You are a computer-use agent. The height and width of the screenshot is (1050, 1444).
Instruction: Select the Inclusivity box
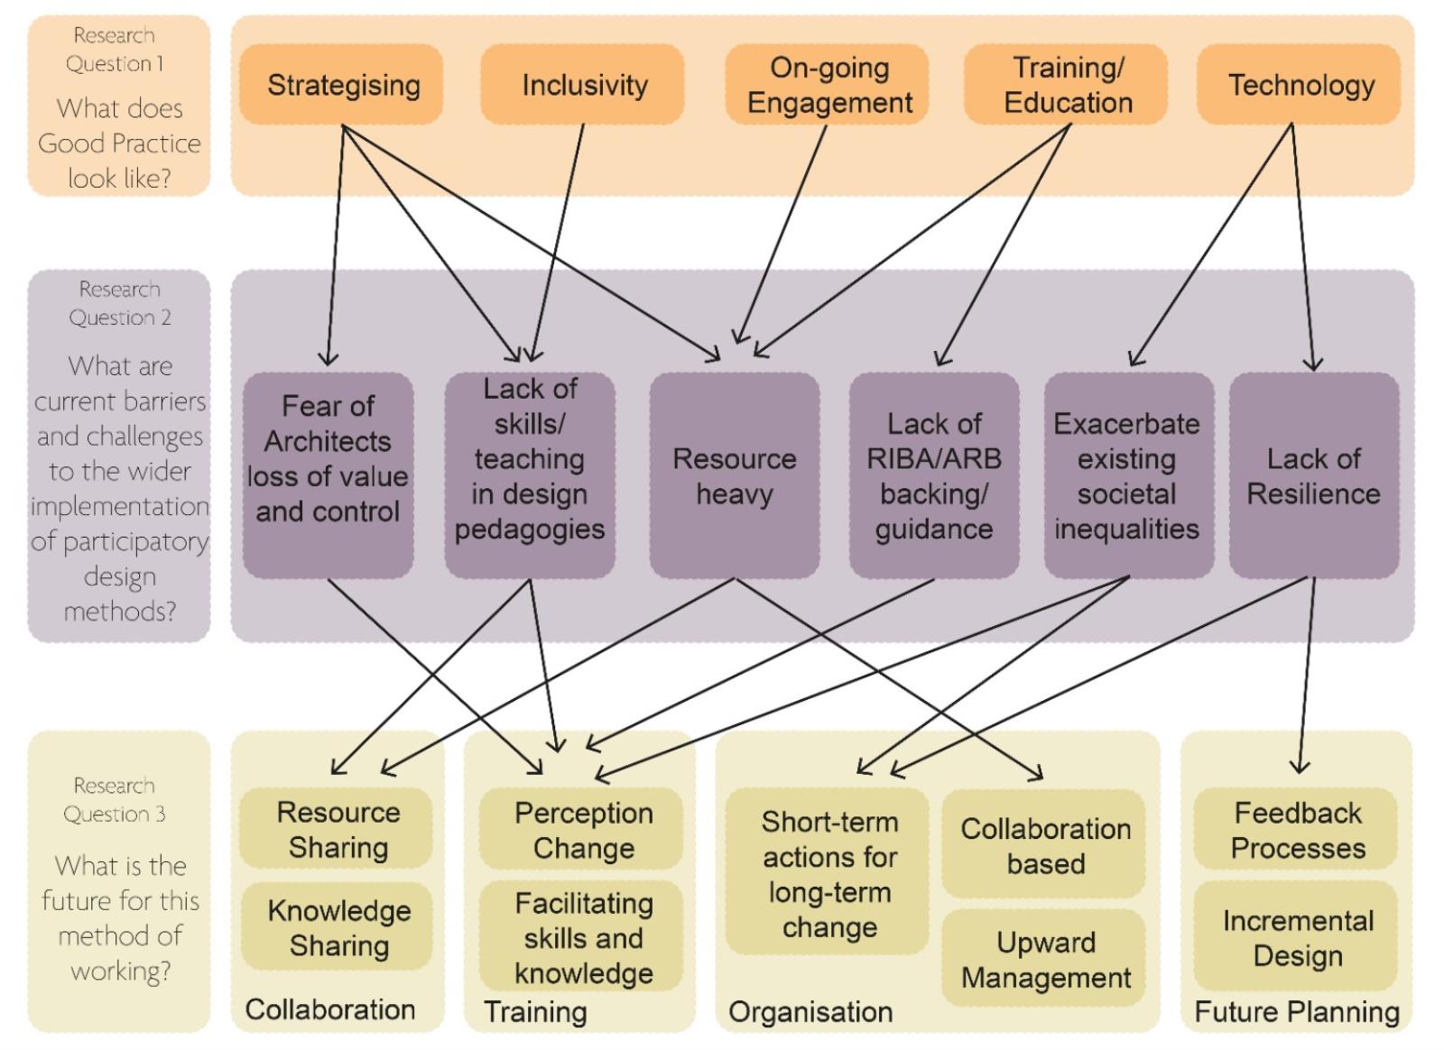[x=582, y=85]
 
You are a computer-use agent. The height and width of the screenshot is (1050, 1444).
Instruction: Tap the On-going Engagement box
[x=828, y=85]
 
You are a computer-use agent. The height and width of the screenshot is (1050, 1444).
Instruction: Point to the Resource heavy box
[x=735, y=475]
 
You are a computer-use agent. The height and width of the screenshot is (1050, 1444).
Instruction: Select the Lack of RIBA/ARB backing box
[x=934, y=475]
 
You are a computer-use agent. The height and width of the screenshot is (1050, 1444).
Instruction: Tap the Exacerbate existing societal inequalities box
[x=1128, y=475]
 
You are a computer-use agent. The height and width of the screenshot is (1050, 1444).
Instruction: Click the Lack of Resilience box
[x=1314, y=475]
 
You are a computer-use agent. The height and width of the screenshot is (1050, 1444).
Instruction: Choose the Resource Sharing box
[x=337, y=830]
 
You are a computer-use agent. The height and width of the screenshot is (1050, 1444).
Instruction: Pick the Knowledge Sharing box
[x=338, y=927]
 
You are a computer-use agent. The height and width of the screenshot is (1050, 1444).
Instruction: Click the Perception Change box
[x=582, y=830]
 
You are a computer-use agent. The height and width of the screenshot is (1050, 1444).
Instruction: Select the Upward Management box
[x=1044, y=959]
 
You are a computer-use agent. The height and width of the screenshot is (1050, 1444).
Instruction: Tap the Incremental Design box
[x=1296, y=937]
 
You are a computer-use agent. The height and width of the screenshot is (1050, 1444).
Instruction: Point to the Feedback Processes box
[x=1296, y=830]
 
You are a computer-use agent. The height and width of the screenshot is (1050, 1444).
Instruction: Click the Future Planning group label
[x=1296, y=1012]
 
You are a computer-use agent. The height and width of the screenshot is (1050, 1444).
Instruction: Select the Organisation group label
[x=810, y=1012]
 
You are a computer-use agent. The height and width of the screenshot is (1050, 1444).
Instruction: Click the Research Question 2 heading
[x=119, y=303]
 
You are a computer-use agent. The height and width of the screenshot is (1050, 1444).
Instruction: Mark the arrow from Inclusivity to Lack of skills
[x=559, y=244]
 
